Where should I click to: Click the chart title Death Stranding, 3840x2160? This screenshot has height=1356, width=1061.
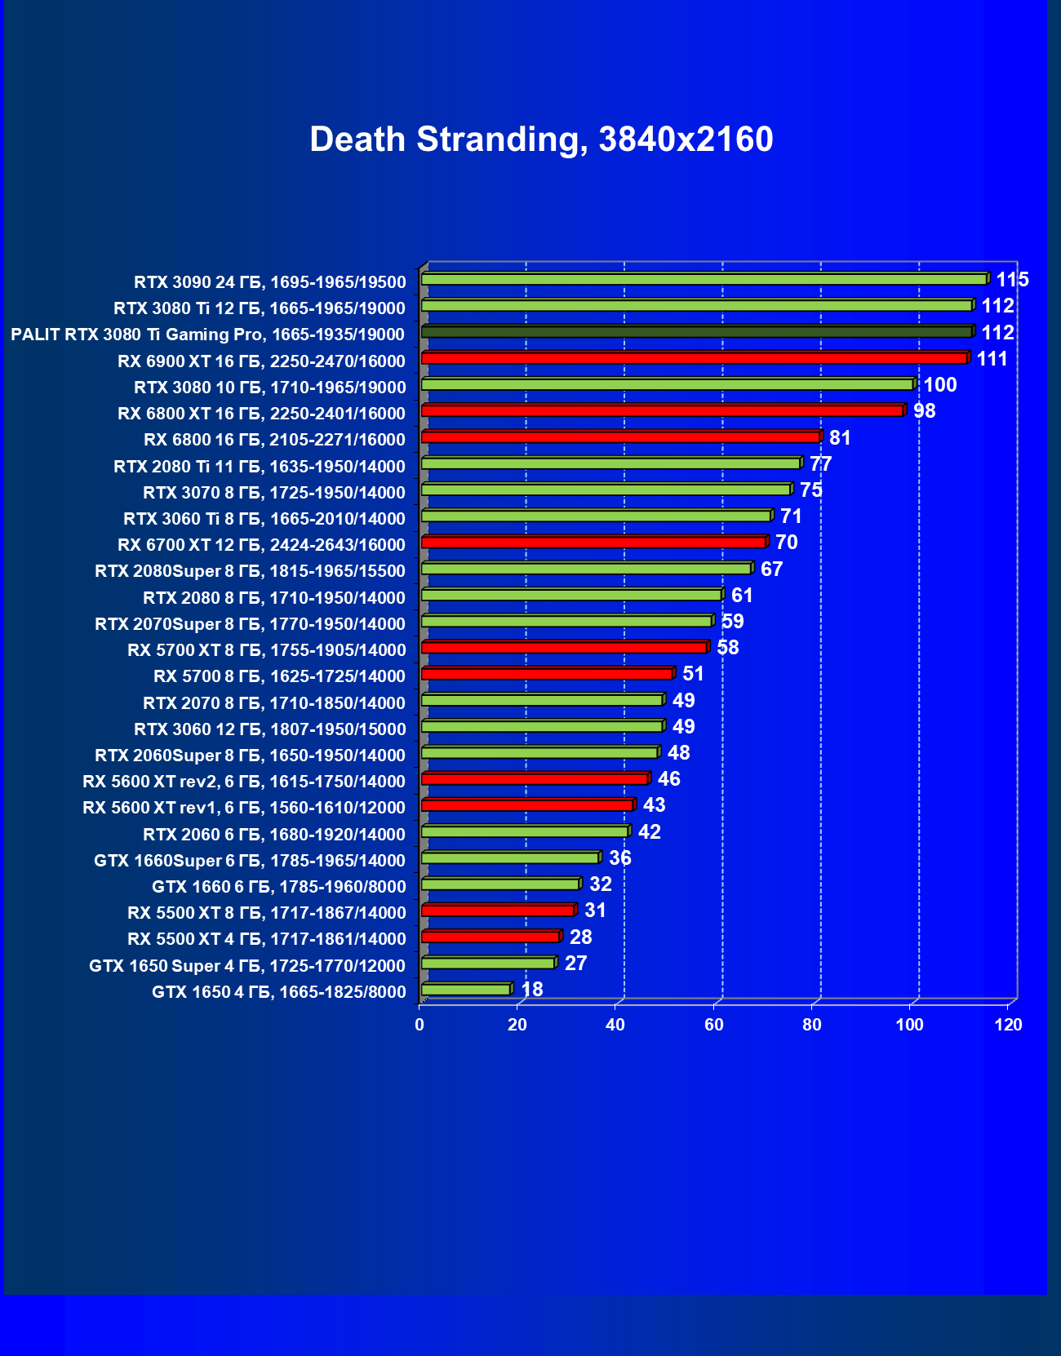(541, 140)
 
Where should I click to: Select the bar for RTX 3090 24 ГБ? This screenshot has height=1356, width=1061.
(704, 279)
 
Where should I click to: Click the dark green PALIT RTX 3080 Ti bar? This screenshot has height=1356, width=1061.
(696, 332)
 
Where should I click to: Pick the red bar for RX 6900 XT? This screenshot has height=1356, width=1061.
(694, 358)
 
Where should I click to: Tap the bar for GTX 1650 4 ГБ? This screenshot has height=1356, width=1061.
(466, 990)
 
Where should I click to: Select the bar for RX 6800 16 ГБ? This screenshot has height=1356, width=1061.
(620, 437)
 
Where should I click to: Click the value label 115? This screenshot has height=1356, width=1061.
(1012, 280)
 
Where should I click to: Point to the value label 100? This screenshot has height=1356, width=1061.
(939, 385)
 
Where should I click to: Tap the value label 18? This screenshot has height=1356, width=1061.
(531, 990)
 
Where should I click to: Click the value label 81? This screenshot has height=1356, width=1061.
(840, 438)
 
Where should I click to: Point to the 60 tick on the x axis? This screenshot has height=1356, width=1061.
(714, 1025)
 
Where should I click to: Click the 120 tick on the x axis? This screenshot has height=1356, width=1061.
(1009, 1025)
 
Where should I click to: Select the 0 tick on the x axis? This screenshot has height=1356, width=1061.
(420, 1025)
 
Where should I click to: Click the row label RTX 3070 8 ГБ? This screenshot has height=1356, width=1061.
(273, 493)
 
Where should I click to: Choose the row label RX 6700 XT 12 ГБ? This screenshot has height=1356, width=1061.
(261, 545)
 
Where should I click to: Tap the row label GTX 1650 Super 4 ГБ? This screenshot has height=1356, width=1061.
(246, 966)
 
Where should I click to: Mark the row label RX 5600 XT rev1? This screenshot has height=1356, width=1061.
(243, 808)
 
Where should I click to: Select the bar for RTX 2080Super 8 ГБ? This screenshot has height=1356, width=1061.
(586, 569)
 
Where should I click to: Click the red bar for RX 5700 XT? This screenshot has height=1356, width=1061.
(564, 647)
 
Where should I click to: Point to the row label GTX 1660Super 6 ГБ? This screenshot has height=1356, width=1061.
(249, 861)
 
